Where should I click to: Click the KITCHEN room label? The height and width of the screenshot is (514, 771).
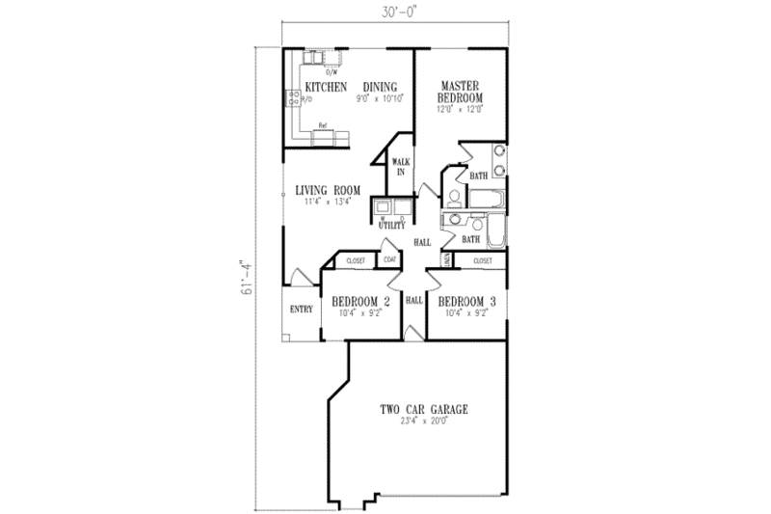click(326, 87)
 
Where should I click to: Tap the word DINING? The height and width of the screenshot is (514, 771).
click(380, 87)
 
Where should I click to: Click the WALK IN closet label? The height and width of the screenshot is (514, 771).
click(399, 167)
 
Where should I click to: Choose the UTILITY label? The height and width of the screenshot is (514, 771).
click(391, 225)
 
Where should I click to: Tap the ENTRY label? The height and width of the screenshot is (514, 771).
click(301, 310)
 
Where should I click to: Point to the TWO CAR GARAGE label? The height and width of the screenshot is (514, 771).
click(423, 410)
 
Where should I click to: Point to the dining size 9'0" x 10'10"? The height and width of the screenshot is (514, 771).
click(379, 98)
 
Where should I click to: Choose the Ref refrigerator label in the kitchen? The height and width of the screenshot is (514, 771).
click(324, 125)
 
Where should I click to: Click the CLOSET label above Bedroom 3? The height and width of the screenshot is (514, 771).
click(482, 260)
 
